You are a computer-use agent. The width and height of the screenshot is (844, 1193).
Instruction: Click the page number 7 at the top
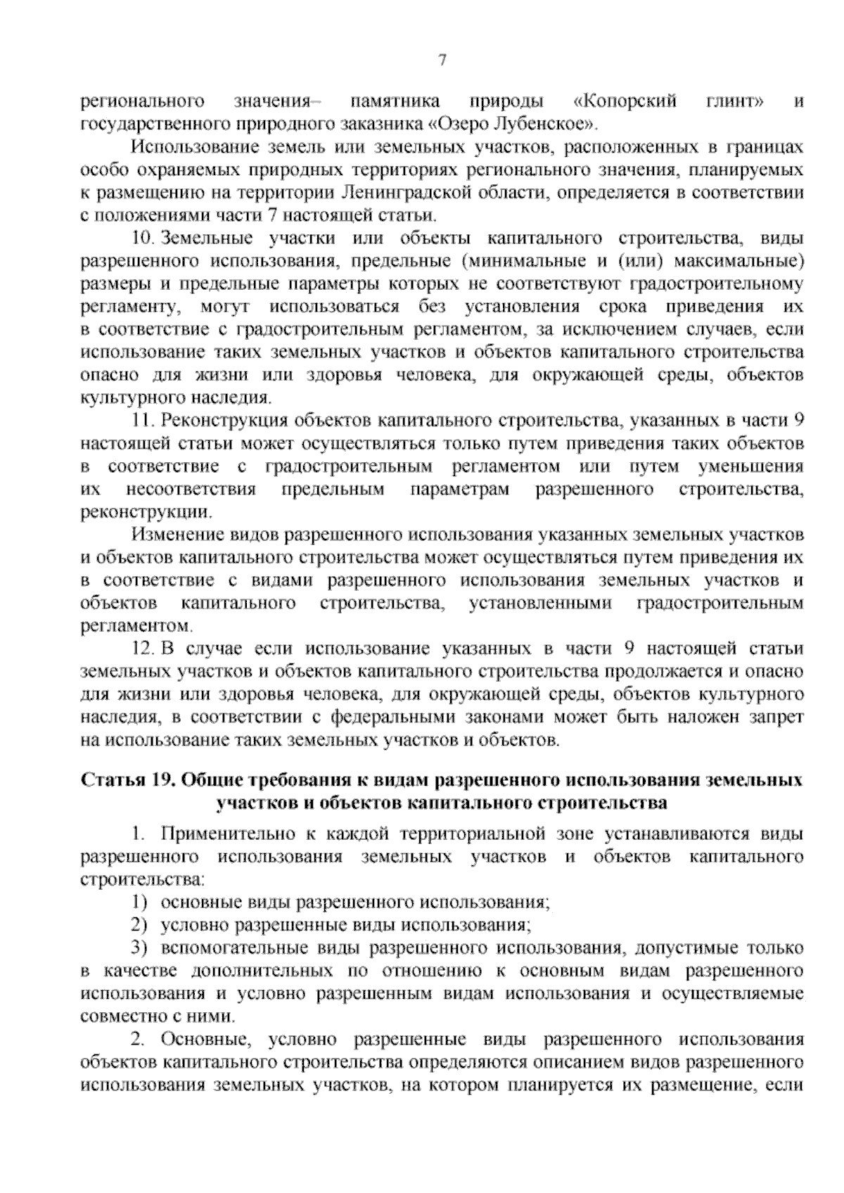pos(442,60)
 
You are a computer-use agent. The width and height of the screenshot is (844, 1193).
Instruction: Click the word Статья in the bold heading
pos(110,780)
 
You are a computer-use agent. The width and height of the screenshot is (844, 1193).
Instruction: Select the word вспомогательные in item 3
pos(229,948)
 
